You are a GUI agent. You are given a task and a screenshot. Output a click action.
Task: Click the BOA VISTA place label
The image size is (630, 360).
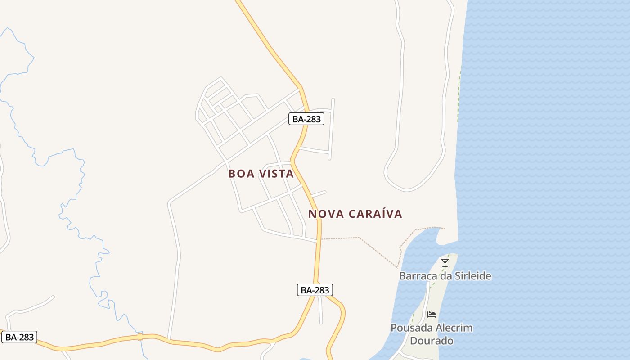tap(261, 174)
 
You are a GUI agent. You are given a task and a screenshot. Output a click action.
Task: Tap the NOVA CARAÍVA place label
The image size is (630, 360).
tap(355, 214)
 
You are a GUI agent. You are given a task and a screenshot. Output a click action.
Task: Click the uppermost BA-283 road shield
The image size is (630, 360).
tap(306, 119)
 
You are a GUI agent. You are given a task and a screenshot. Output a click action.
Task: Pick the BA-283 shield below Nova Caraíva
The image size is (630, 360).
tap(315, 290)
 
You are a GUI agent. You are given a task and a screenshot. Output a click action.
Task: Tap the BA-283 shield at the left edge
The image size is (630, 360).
tap(19, 337)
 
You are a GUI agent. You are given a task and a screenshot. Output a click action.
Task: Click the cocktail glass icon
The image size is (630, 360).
tap(445, 263)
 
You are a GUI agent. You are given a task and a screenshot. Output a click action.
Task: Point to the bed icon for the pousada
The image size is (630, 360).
tap(432, 314)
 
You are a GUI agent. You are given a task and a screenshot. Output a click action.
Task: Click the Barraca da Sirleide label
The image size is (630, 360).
tap(445, 276)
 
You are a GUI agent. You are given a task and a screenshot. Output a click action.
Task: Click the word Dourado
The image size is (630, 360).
tap(432, 341)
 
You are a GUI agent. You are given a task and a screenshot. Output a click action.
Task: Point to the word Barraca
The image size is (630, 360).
tap(416, 276)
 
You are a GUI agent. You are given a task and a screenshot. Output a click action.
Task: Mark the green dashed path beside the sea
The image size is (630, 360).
tap(459, 94)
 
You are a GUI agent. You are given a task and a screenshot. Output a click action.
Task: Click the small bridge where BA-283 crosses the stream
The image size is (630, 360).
tap(140, 337)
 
